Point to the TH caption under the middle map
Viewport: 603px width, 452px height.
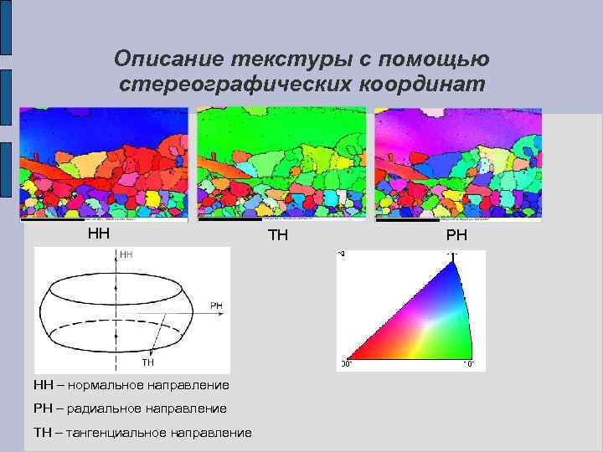[x=278, y=235]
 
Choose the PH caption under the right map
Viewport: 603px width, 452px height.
[x=456, y=236]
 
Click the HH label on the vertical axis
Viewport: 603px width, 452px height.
[x=126, y=254]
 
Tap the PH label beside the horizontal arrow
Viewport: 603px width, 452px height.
[x=216, y=306]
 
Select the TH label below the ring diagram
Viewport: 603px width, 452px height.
[x=147, y=362]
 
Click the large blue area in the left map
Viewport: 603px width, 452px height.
[x=84, y=130]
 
